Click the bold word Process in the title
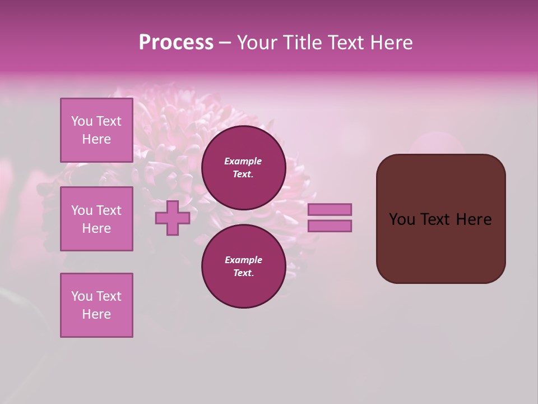[176, 43]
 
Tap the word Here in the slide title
[390, 43]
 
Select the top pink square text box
[96, 130]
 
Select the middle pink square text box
[96, 219]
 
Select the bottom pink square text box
[96, 305]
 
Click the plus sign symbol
[173, 218]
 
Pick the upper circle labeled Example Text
[243, 167]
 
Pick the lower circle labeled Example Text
[243, 266]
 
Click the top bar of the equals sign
[330, 209]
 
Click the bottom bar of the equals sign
[330, 226]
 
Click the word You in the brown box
[402, 219]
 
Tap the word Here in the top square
[96, 139]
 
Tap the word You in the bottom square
[82, 296]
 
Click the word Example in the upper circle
[243, 161]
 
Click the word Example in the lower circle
[243, 260]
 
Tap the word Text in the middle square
[108, 210]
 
